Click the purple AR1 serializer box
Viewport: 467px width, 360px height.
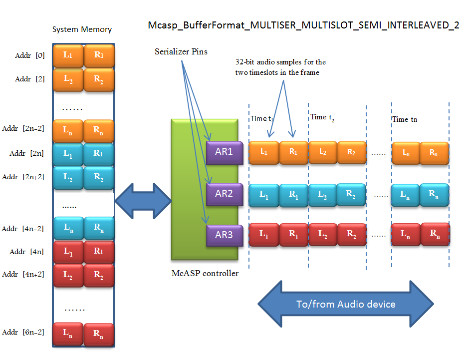[x=224, y=152]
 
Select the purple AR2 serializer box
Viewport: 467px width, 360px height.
[x=224, y=194]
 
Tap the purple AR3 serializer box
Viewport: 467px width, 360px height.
[x=224, y=235]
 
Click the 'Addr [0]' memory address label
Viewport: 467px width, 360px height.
[x=30, y=55]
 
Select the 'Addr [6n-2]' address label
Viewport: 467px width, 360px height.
[x=23, y=332]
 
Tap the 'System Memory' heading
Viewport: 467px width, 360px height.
[x=82, y=29]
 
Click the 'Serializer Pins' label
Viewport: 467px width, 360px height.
[x=181, y=51]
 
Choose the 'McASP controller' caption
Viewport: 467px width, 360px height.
[x=205, y=273]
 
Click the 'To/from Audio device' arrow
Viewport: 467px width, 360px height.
[x=346, y=304]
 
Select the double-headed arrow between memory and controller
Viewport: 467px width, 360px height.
[x=143, y=201]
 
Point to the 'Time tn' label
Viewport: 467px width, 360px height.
[x=405, y=119]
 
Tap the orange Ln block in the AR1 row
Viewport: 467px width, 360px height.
[x=406, y=152]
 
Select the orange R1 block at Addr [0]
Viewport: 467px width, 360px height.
[x=98, y=55]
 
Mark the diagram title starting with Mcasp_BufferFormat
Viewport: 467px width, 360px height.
[x=303, y=25]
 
